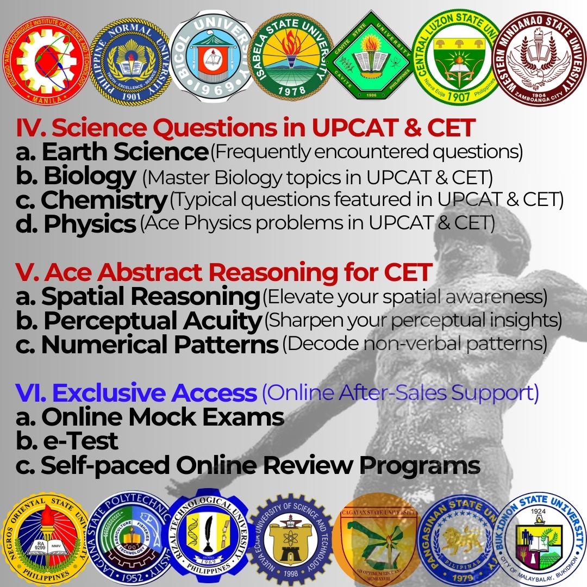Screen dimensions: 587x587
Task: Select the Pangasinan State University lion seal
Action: pyautogui.click(x=458, y=538)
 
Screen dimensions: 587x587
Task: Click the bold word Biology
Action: pyautogui.click(x=89, y=176)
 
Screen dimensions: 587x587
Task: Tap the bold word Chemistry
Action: pyautogui.click(x=103, y=201)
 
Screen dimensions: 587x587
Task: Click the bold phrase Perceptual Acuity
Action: pyautogui.click(x=152, y=321)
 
